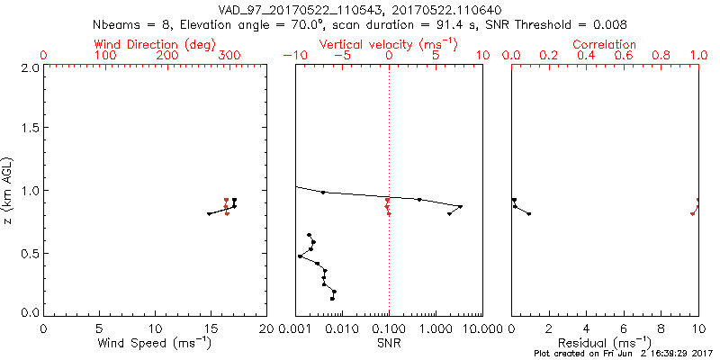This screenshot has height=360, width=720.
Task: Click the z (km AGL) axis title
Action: click(x=10, y=190)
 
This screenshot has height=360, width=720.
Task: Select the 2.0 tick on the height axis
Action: click(x=29, y=67)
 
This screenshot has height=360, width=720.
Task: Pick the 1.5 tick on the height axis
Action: click(x=29, y=129)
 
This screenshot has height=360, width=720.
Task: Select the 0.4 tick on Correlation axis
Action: click(x=586, y=56)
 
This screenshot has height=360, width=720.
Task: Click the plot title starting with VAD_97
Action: click(x=360, y=9)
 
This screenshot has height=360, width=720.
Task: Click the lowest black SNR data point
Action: click(x=332, y=299)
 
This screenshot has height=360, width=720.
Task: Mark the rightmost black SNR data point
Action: click(x=461, y=206)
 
